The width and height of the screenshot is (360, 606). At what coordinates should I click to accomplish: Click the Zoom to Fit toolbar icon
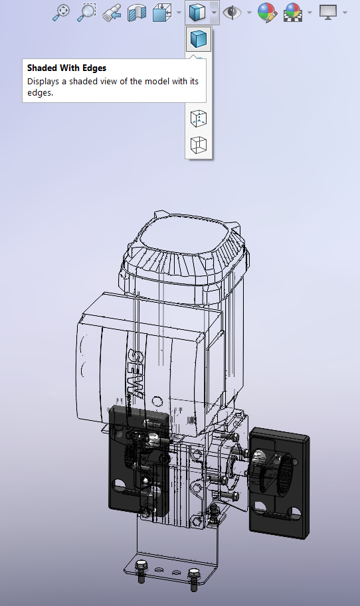coord(62,11)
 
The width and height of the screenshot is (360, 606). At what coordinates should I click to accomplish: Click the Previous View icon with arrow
coord(112,11)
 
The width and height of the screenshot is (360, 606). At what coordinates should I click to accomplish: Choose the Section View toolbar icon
coord(137,11)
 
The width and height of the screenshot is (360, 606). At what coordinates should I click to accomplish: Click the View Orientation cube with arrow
coord(161,12)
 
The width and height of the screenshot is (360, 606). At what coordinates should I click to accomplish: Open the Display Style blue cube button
coord(195,12)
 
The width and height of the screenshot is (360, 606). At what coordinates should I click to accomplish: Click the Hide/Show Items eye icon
coord(232,12)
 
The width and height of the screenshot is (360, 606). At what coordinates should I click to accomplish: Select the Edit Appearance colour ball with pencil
coord(267,12)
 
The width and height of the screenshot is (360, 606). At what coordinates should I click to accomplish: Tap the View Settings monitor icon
coord(328,11)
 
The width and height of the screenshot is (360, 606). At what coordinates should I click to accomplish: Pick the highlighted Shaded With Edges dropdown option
coord(199,39)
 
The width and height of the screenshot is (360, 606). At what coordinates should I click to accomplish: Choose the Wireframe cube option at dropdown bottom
coord(199,145)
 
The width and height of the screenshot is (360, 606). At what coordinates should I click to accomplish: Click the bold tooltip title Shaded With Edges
coord(66,68)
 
